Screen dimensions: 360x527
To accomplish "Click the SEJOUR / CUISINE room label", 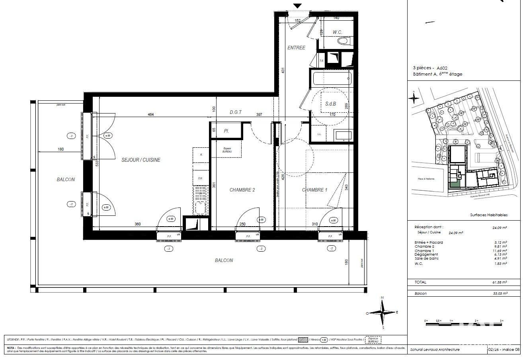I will pyautogui.click(x=141, y=160).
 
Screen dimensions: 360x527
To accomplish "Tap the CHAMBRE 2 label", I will pyautogui.click(x=242, y=190).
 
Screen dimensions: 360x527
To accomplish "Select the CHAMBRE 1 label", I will pyautogui.click(x=314, y=190).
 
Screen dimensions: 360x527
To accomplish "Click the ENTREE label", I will pyautogui.click(x=296, y=48).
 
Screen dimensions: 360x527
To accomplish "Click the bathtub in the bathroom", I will pyautogui.click(x=332, y=78).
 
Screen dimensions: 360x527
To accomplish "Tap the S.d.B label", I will pyautogui.click(x=331, y=104).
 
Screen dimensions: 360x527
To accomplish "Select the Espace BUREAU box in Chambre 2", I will pyautogui.click(x=226, y=151).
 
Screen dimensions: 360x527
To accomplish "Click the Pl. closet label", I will pyautogui.click(x=226, y=131).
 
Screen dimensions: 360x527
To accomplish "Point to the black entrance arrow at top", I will pyautogui.click(x=298, y=6).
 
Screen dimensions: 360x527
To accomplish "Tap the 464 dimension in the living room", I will pyautogui.click(x=150, y=115).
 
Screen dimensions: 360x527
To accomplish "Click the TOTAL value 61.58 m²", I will pyautogui.click(x=499, y=282).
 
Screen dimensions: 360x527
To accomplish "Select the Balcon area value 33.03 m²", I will pyautogui.click(x=499, y=293).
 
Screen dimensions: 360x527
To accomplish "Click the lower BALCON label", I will pyautogui.click(x=224, y=260).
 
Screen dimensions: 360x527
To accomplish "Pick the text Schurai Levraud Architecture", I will pyautogui.click(x=435, y=350).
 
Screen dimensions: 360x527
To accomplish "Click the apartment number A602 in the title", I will pyautogui.click(x=442, y=68).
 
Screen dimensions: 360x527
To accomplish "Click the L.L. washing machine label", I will pyautogui.click(x=319, y=134).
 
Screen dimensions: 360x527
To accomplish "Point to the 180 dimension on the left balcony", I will pyautogui.click(x=61, y=149).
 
